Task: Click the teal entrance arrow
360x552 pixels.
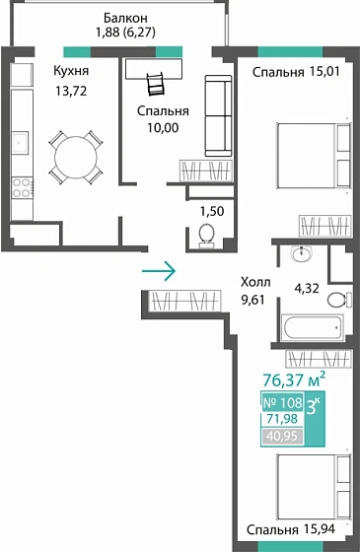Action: click(159, 268)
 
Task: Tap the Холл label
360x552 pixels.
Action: click(256, 280)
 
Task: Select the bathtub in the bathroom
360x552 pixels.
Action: click(310, 326)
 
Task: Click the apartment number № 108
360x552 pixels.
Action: click(283, 402)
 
